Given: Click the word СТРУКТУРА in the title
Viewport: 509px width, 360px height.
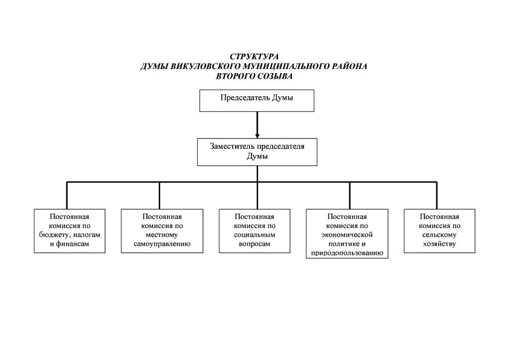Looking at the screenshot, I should pos(254,56).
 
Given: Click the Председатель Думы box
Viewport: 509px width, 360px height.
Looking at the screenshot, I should pos(257,100).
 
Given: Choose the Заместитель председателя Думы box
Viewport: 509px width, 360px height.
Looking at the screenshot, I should pos(257,151).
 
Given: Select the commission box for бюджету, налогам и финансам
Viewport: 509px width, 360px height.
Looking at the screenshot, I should pos(70,231).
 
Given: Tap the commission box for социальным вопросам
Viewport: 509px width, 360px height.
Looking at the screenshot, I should pos(254,231).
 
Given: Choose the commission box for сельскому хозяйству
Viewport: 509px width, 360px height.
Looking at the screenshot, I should pos(439,231).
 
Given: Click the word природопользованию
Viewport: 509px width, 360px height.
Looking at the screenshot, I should pos(346,254).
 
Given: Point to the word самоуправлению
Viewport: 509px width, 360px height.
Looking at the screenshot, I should pos(162,244).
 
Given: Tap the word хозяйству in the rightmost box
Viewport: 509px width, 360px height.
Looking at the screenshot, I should pos(439,244).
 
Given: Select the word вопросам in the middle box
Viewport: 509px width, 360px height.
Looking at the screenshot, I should pos(254,244).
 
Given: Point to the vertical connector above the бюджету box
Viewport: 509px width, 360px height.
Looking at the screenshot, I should pos(66,195).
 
